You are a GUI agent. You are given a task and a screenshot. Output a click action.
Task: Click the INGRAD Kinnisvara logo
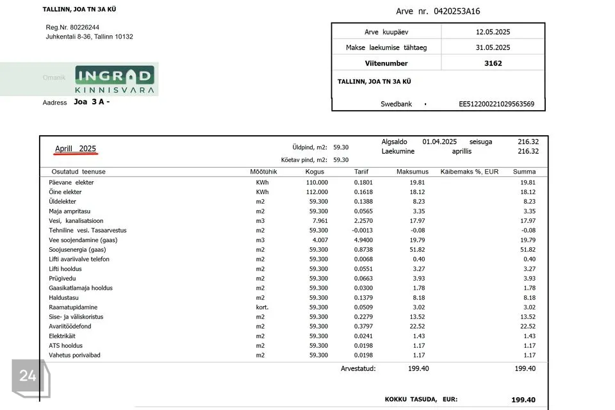(x=115, y=80)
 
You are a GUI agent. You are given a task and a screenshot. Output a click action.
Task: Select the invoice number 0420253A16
(x=457, y=12)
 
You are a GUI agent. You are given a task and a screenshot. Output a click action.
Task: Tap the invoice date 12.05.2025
(x=493, y=31)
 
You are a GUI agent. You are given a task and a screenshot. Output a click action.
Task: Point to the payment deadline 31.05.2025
(x=493, y=47)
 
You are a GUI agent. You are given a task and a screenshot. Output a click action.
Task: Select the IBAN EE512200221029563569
(x=496, y=104)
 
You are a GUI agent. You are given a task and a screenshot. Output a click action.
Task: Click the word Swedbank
(x=396, y=104)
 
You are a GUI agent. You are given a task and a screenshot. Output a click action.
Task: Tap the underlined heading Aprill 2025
(x=76, y=149)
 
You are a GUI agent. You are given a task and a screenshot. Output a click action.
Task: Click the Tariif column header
(x=361, y=172)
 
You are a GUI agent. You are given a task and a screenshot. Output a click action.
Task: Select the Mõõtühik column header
(x=263, y=172)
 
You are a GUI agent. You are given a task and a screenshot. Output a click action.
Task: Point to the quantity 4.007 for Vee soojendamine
(x=318, y=240)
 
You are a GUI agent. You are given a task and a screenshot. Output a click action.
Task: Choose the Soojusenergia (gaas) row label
(x=77, y=250)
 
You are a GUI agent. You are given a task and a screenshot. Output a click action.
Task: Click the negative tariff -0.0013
(x=363, y=231)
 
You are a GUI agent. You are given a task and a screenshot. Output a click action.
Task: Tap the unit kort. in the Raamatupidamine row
(x=263, y=307)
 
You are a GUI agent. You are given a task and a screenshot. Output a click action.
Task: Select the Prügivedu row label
(x=63, y=279)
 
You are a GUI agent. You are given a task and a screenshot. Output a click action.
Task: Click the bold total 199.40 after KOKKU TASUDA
(x=523, y=400)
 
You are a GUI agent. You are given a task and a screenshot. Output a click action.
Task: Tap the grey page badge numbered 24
(x=28, y=376)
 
